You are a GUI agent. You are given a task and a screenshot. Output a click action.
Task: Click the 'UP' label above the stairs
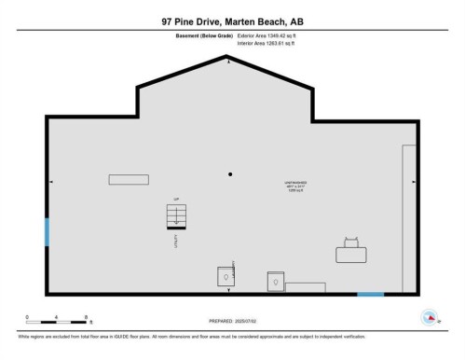pyautogui.click(x=174, y=201)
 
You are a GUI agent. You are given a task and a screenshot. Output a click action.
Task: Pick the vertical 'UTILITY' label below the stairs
pyautogui.click(x=174, y=240)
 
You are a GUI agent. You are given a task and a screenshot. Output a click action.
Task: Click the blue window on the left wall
pyautogui.click(x=47, y=232)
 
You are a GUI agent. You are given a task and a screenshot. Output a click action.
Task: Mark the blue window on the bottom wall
pyautogui.click(x=371, y=296)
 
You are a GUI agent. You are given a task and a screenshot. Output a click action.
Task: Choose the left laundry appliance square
pyautogui.click(x=226, y=278)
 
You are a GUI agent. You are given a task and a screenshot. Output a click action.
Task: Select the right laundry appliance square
pyautogui.click(x=276, y=281)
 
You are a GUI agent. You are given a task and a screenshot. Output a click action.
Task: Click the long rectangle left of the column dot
pyautogui.click(x=128, y=179)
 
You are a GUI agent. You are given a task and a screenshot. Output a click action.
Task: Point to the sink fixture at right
pyautogui.click(x=352, y=253)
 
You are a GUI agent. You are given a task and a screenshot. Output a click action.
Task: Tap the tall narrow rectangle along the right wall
pyautogui.click(x=409, y=219)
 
